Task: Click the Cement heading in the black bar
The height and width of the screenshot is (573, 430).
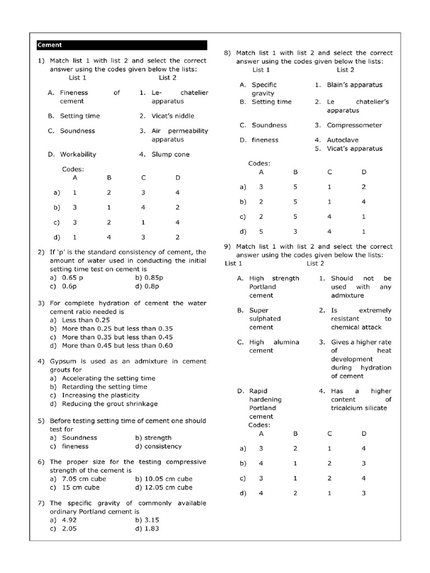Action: [x=50, y=45]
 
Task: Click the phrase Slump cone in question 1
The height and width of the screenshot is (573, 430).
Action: [x=170, y=154]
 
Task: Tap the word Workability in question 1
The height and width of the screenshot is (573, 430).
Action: [x=78, y=154]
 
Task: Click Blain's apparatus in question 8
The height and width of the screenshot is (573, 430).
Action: [x=354, y=85]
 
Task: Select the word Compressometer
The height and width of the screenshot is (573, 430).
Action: [x=354, y=125]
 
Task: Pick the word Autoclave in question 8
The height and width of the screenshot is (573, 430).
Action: [x=343, y=140]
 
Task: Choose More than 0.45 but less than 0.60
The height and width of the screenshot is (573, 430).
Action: [x=117, y=345]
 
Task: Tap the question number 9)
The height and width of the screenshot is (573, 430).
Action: [x=228, y=246]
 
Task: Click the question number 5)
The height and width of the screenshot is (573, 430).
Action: [x=41, y=421]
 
